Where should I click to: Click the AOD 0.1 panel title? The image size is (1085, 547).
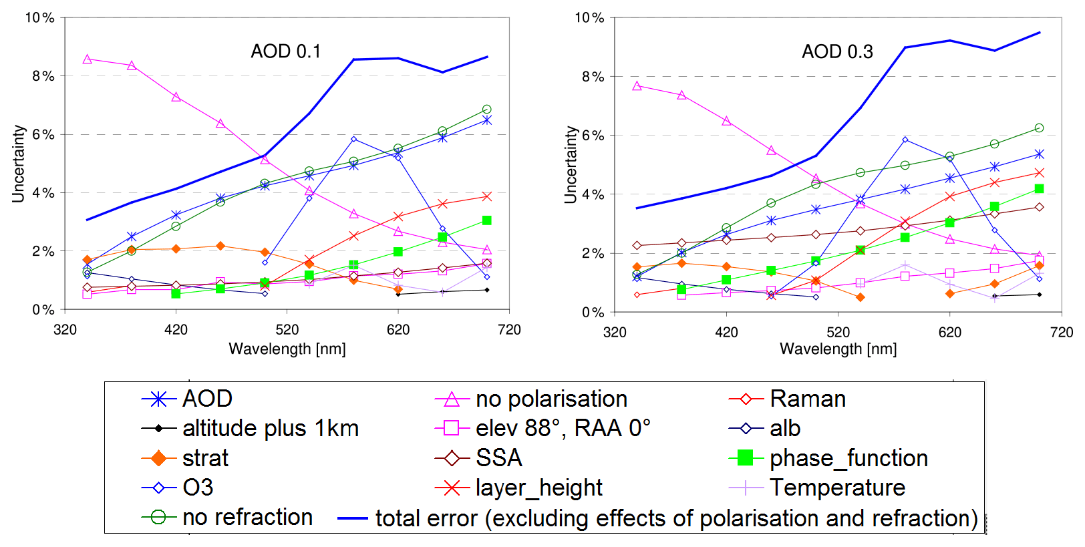tap(285, 51)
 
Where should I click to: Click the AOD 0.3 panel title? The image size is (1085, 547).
tap(837, 51)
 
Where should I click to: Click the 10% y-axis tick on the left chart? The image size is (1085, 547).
tap(39, 18)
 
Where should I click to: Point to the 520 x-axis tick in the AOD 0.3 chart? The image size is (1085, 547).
tap(838, 332)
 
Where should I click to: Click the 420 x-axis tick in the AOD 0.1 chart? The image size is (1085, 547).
tap(176, 329)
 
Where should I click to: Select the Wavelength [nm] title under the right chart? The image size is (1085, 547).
tap(838, 349)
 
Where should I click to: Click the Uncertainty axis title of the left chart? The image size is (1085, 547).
tap(18, 164)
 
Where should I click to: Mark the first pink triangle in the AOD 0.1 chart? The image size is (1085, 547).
tap(87, 59)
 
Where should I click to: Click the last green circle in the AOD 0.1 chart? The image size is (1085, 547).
tap(486, 110)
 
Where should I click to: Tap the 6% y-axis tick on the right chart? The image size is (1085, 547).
tap(592, 135)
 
